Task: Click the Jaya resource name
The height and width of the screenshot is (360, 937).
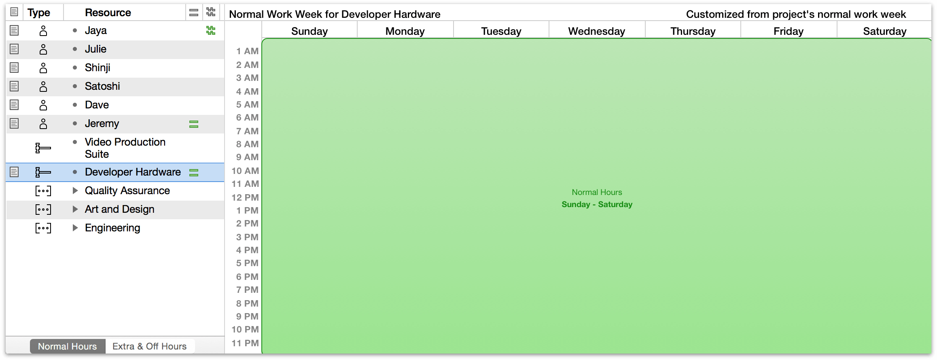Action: [96, 31]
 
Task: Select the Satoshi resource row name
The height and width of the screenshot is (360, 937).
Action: [102, 86]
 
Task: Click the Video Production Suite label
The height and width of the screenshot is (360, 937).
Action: [125, 148]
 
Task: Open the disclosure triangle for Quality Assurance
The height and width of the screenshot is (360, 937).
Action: [75, 191]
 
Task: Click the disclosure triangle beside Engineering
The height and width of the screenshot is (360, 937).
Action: [75, 228]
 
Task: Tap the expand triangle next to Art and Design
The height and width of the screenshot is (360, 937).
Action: [75, 209]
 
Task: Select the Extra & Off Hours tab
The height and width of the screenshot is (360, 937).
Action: [150, 346]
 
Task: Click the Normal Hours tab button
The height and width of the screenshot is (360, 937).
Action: [68, 346]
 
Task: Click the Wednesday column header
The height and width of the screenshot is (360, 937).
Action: [597, 31]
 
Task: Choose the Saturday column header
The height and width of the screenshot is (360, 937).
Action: [885, 31]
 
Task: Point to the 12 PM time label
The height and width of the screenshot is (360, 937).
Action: [245, 197]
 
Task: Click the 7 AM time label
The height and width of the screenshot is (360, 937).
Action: [247, 131]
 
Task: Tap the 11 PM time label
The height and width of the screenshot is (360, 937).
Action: [245, 343]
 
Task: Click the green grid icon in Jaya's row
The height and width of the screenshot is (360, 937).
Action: [211, 30]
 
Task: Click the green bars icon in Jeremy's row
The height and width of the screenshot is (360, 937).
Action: [194, 124]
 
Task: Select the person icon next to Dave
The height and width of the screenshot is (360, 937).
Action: [43, 105]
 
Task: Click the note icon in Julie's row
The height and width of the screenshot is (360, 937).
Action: [14, 49]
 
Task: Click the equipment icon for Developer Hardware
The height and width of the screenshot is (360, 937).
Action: [43, 172]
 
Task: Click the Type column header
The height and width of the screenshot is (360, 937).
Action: [39, 13]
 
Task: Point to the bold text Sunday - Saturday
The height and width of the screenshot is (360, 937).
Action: [597, 204]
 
